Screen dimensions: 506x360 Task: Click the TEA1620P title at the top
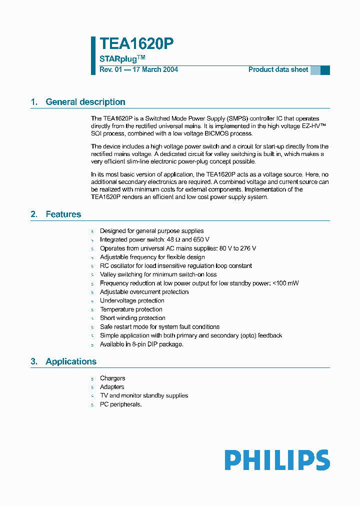[136, 44]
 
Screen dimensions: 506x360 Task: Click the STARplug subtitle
[119, 59]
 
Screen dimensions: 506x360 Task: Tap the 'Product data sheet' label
[278, 69]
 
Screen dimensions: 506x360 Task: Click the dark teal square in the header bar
[325, 70]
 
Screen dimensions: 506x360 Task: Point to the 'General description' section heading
[85, 102]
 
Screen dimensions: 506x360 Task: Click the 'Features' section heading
[63, 214]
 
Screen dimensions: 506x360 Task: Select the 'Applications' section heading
[71, 361]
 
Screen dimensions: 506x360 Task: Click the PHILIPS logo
[277, 460]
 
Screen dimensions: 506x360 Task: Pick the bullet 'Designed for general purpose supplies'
[151, 231]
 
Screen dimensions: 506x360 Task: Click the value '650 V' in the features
[199, 239]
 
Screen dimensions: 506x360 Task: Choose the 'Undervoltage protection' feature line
[132, 300]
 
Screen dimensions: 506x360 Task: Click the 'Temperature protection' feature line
[131, 309]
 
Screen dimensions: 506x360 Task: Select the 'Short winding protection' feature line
[132, 318]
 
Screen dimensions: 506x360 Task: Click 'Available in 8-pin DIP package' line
[141, 344]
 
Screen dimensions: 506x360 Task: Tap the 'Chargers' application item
[112, 378]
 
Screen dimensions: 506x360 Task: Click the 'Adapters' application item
[112, 387]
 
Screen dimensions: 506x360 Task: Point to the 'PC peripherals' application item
[120, 404]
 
